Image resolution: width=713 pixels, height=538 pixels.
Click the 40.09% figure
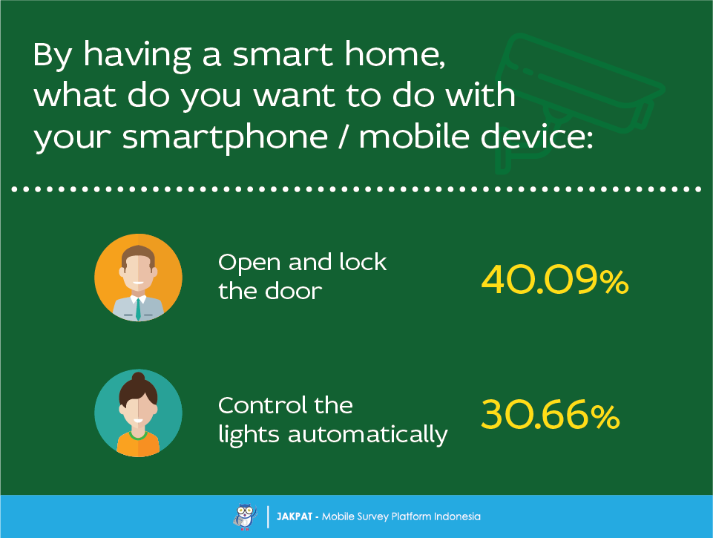(x=555, y=280)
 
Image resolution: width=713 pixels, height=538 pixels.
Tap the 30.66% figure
(x=551, y=414)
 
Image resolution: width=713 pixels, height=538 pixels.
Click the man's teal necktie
(x=138, y=309)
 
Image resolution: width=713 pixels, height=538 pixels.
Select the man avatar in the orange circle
(x=138, y=278)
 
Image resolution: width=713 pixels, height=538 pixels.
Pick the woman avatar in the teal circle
(x=138, y=413)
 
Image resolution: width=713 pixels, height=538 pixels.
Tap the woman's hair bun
(x=138, y=377)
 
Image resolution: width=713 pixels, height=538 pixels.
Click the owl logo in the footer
(x=245, y=516)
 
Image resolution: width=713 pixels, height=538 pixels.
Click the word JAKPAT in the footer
(x=295, y=516)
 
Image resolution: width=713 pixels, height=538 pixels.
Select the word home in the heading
(x=394, y=55)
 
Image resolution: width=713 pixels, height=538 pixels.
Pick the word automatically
(x=367, y=434)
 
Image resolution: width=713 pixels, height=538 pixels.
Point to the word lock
(x=363, y=262)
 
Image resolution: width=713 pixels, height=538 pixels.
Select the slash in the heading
(x=344, y=136)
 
